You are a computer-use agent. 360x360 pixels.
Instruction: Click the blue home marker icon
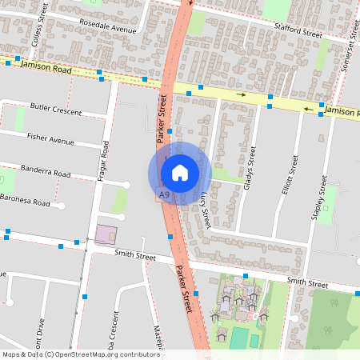180,173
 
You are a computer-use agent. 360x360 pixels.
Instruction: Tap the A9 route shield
164,194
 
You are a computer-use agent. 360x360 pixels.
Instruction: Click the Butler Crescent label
55,109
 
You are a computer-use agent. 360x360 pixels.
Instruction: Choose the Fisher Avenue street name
50,140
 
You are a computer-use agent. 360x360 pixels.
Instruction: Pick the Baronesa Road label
26,202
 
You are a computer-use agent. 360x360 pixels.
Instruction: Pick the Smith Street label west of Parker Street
134,256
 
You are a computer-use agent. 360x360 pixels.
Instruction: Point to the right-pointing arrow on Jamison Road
242,95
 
